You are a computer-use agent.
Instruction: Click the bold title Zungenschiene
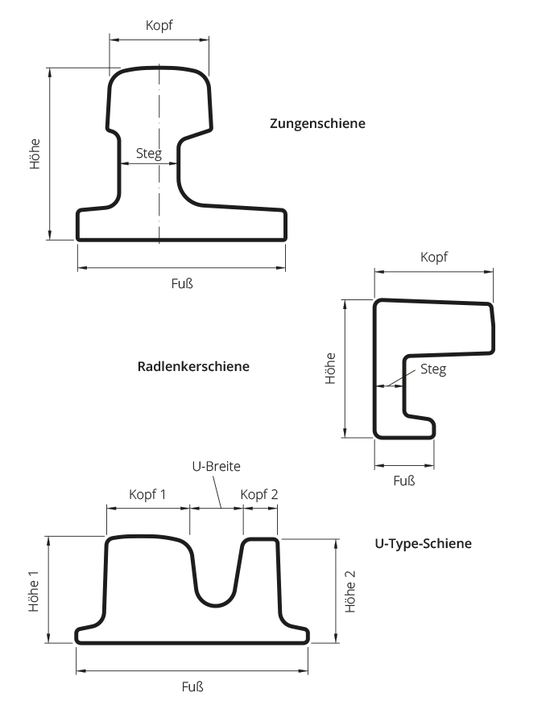click(x=317, y=123)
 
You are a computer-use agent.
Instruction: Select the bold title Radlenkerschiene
click(x=193, y=366)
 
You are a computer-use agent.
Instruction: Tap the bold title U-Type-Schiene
click(x=424, y=543)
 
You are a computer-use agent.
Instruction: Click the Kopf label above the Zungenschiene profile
click(x=159, y=25)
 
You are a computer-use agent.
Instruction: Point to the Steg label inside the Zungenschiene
click(x=149, y=153)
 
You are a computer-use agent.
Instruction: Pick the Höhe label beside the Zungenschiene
click(x=35, y=155)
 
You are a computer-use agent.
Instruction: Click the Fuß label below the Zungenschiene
click(x=182, y=283)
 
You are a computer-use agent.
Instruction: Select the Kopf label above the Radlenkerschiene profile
click(x=434, y=258)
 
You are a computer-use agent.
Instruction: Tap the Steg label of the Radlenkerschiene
click(x=433, y=369)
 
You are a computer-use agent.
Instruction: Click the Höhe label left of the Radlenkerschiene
click(x=331, y=369)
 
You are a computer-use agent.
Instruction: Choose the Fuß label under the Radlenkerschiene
click(x=404, y=480)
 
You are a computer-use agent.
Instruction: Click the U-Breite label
click(x=216, y=466)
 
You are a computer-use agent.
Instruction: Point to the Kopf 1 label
click(x=147, y=494)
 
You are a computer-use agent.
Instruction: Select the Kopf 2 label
click(x=259, y=494)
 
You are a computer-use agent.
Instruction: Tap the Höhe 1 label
click(x=34, y=591)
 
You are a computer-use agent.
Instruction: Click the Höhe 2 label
click(x=350, y=592)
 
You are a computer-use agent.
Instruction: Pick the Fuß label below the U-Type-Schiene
click(x=192, y=686)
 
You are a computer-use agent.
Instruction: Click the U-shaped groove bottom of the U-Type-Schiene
click(x=215, y=605)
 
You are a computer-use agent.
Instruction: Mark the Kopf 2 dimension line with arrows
click(x=261, y=509)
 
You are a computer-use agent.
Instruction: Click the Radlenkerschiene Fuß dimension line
click(x=404, y=465)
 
